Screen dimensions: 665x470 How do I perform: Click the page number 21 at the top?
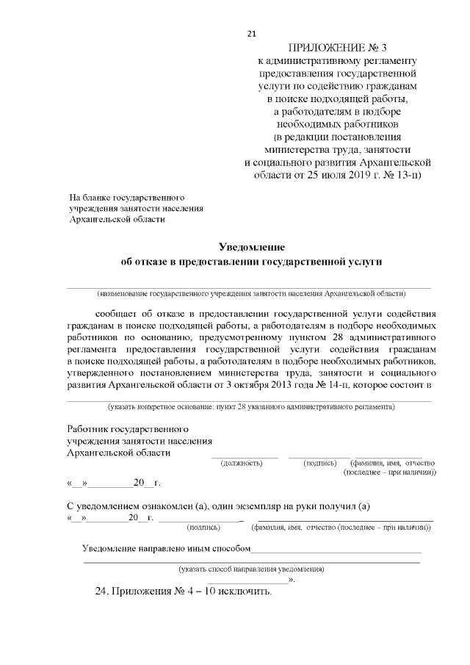[252, 34]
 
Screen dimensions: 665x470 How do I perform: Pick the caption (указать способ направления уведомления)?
[251, 569]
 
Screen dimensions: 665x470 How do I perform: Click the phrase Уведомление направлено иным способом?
[167, 549]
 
